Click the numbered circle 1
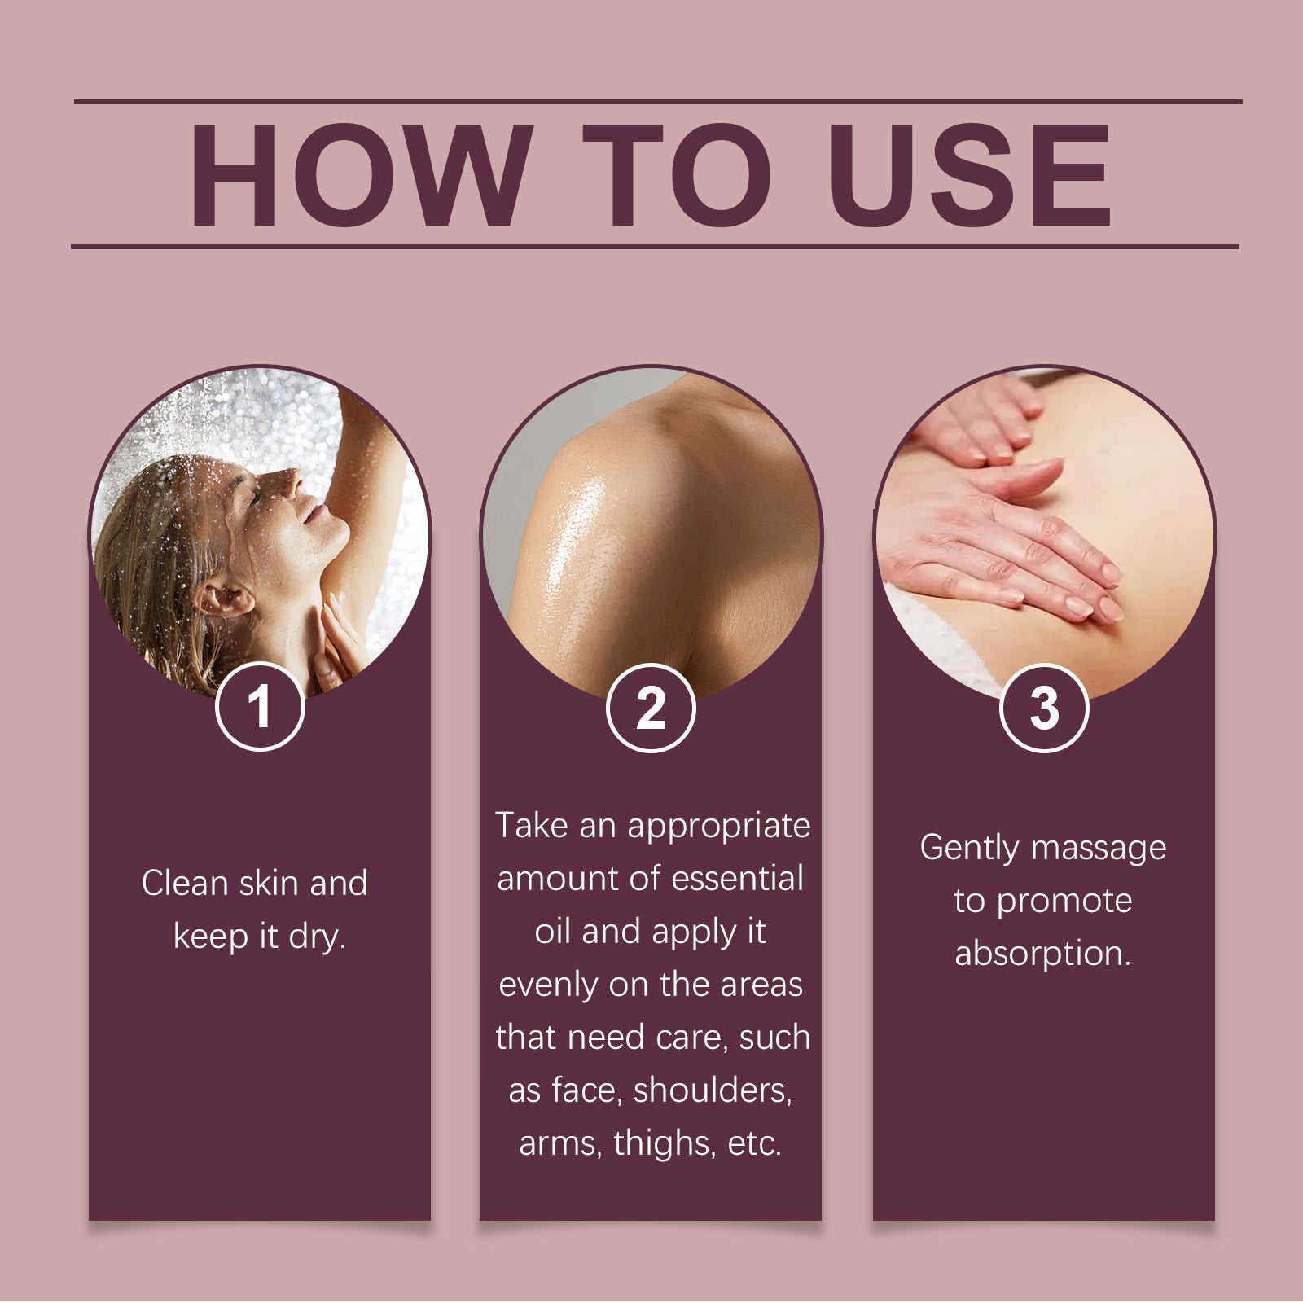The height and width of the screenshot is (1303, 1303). pyautogui.click(x=260, y=706)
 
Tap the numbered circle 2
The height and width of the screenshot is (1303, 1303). pyautogui.click(x=651, y=707)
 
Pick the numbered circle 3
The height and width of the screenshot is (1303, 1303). pyautogui.click(x=1044, y=707)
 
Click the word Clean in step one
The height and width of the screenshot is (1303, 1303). pyautogui.click(x=184, y=883)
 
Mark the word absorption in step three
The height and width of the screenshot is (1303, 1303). pyautogui.click(x=1043, y=953)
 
